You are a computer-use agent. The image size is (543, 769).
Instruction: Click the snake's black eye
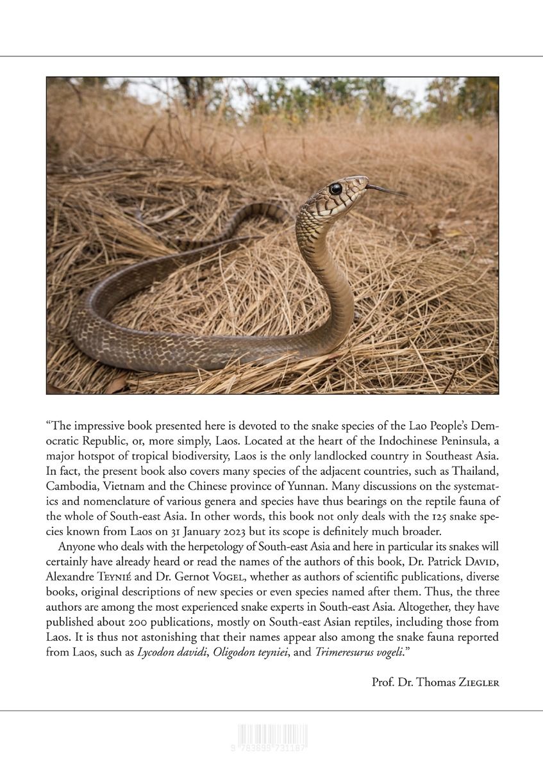tap(335, 188)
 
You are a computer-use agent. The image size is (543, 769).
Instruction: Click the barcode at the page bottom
tap(272, 738)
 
